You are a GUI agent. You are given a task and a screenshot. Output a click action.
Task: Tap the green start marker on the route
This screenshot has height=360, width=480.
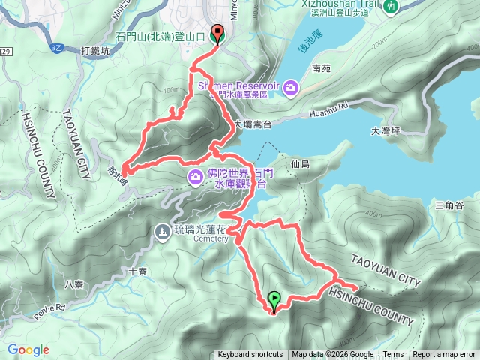coord(274,300)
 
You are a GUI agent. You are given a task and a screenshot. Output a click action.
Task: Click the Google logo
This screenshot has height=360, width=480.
coord(28,349)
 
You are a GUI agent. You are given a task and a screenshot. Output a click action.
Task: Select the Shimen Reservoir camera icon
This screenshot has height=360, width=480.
coord(290,88)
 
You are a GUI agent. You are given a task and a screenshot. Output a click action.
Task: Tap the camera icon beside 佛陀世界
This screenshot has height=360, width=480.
coord(195,176)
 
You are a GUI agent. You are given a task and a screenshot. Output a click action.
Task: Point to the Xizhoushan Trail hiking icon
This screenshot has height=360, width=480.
coord(391,6)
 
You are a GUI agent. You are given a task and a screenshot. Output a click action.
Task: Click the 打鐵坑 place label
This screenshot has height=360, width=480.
coord(94,51)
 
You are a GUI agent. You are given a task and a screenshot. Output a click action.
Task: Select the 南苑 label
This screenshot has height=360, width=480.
coord(320,67)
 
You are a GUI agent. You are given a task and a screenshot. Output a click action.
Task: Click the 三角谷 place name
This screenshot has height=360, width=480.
coord(448,205)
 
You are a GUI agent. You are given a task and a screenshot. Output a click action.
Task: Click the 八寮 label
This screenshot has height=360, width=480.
coord(73,283)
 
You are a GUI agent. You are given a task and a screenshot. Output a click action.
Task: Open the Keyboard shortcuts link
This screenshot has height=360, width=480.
coord(250,355)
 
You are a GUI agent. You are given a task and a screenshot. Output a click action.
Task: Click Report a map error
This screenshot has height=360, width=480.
coord(445,355)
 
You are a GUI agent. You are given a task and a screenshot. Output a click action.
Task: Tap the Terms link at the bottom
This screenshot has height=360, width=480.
coord(393,355)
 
